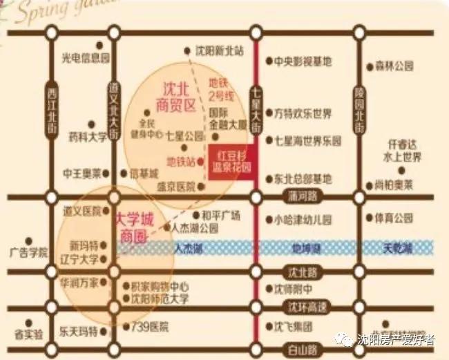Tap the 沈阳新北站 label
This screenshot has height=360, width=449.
tap(220, 50)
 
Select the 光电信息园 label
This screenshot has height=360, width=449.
tap(86, 57)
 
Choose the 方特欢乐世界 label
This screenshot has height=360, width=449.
tap(303, 113)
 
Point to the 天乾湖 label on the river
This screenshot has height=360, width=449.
tap(397, 247)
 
